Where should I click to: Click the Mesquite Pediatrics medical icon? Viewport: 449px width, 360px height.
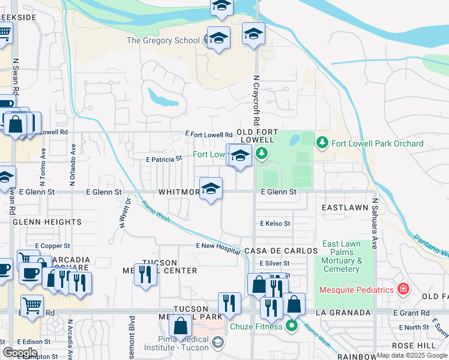tap(403, 290)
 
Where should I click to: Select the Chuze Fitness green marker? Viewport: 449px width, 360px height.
tap(292, 326)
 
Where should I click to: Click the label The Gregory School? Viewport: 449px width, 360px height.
tap(163, 40)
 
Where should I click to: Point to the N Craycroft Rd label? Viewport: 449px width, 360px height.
tap(256, 100)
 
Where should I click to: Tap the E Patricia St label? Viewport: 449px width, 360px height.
tap(164, 160)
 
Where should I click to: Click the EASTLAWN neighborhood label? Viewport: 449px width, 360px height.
tap(345, 207)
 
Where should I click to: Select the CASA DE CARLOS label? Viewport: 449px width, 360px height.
tap(280, 250)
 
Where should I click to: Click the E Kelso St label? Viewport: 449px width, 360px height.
tap(275, 223)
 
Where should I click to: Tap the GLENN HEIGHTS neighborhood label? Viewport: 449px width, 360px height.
tap(47, 222)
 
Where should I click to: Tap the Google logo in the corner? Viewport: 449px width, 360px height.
tap(20, 353)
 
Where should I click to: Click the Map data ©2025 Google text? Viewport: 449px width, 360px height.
tap(411, 355)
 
